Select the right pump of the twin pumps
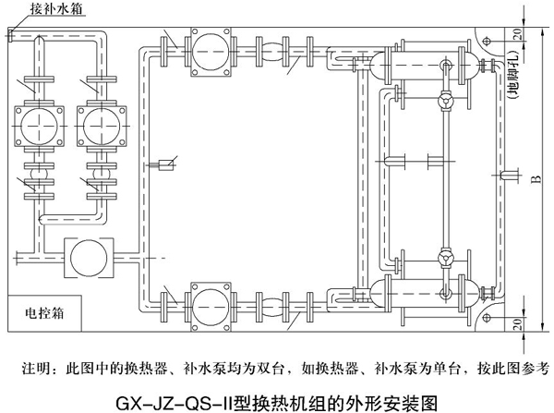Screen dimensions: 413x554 click(x=96, y=123)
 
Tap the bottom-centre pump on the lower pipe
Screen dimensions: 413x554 click(x=209, y=298)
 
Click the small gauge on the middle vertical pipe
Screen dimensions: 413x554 click(x=167, y=165)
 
